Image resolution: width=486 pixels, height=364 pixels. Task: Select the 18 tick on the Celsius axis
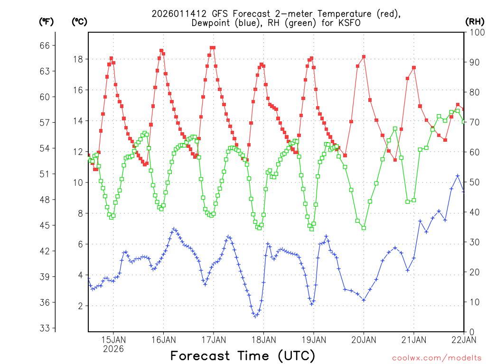(77, 59)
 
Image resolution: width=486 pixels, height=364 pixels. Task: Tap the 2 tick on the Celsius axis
(80, 306)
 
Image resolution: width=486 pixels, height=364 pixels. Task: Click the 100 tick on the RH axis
(475, 32)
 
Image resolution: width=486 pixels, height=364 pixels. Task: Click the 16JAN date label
(163, 340)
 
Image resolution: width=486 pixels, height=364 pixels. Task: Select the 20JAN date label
(364, 340)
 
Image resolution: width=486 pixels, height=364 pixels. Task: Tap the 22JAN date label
(464, 340)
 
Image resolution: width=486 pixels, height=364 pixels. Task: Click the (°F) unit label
(47, 21)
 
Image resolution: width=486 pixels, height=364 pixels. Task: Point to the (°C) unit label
(80, 21)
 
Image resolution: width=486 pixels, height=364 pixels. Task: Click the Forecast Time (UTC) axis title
(243, 355)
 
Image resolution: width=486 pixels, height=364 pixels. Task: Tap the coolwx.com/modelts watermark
(437, 358)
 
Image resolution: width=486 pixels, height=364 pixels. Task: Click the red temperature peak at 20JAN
(364, 57)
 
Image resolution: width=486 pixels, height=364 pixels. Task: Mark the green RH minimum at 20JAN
(364, 228)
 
